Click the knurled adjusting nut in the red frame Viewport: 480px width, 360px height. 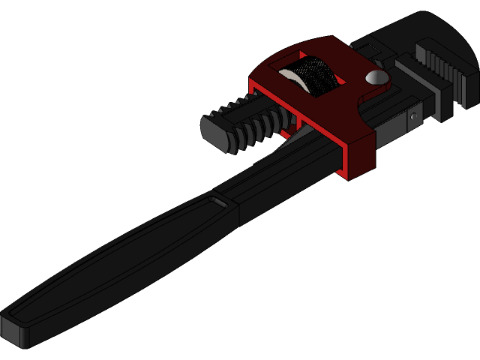click(315, 75)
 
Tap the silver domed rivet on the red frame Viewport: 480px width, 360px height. click(377, 76)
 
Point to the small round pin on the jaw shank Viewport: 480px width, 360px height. click(412, 116)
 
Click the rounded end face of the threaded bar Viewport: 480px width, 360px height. click(215, 133)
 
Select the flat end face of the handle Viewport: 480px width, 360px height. click(15, 331)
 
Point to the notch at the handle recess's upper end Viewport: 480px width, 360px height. click(219, 202)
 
